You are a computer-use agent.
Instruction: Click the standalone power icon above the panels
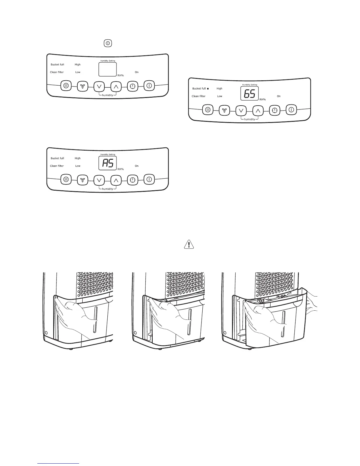pos(108,43)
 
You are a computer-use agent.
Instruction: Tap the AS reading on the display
pos(107,163)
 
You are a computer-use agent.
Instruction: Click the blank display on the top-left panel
pos(107,69)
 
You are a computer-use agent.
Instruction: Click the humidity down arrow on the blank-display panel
pos(99,86)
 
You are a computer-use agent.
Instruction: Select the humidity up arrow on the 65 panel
pos(258,111)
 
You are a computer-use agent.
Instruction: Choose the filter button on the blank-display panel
pos(66,86)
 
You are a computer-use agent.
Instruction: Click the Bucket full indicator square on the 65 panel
pos(208,89)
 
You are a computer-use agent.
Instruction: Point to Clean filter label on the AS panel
pos(57,166)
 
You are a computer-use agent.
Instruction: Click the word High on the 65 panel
pos(219,89)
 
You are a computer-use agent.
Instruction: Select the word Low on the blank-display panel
pos(78,72)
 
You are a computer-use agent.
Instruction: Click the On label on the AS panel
pos(137,166)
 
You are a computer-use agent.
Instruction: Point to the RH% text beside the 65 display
pos(262,99)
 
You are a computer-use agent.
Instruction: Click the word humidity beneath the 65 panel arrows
pos(249,119)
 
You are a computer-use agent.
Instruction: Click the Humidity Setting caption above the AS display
pos(108,154)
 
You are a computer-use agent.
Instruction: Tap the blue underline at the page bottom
pos(59,463)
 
